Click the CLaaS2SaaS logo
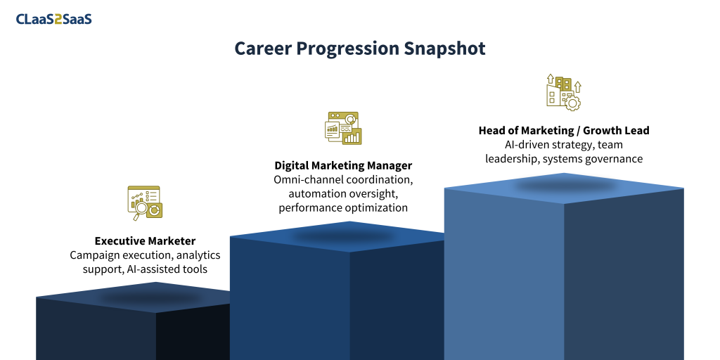pyautogui.click(x=53, y=19)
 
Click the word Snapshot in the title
pyautogui.click(x=444, y=49)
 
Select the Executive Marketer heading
pyautogui.click(x=145, y=240)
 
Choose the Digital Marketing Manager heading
pyautogui.click(x=343, y=165)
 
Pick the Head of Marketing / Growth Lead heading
pyautogui.click(x=564, y=130)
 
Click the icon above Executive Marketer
pyautogui.click(x=145, y=203)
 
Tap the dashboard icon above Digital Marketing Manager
pyautogui.click(x=343, y=128)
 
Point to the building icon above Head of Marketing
pyautogui.click(x=564, y=92)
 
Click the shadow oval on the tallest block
pyautogui.click(x=565, y=186)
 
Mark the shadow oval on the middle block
pyautogui.click(x=343, y=236)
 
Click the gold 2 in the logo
pyautogui.click(x=58, y=19)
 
